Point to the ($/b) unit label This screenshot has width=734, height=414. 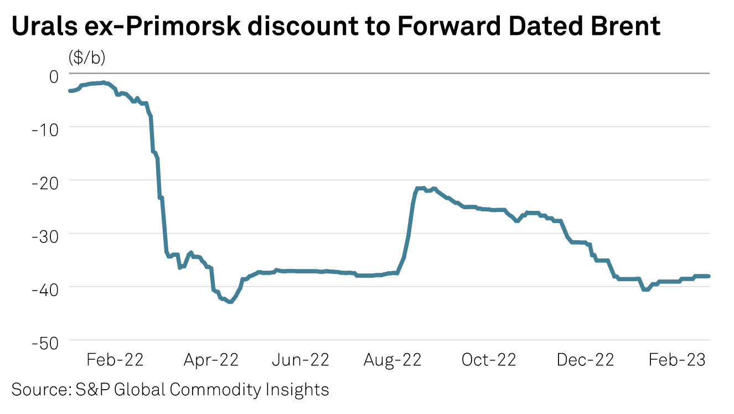click(x=87, y=56)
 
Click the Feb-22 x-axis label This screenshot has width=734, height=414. click(x=115, y=360)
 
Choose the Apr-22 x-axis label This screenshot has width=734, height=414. click(x=210, y=360)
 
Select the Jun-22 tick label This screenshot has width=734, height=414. click(x=301, y=360)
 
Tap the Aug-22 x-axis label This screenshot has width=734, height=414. click(x=392, y=360)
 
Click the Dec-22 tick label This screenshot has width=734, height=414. click(x=585, y=360)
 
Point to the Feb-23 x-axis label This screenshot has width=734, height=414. click(x=677, y=360)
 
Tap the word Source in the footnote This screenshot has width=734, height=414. click(x=38, y=390)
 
